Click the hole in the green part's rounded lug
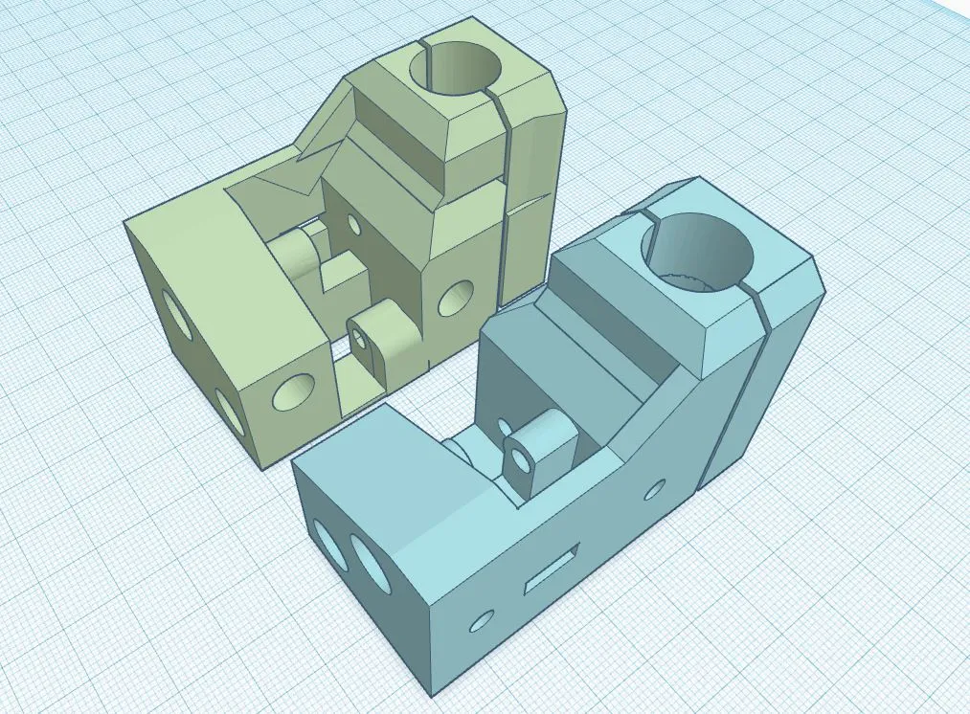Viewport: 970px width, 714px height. (x=361, y=338)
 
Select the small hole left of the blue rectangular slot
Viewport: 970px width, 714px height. (x=482, y=621)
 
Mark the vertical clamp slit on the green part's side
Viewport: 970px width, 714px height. (x=504, y=211)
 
